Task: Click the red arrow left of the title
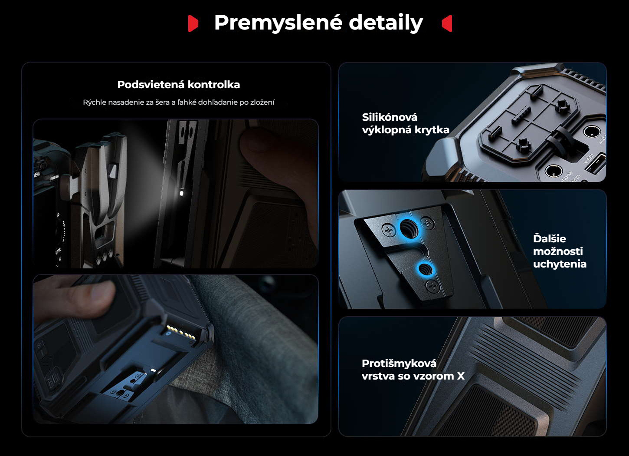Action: [x=193, y=23]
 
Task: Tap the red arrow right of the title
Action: [x=447, y=23]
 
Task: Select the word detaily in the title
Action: [x=386, y=23]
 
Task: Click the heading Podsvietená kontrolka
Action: [x=179, y=85]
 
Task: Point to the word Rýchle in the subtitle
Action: [x=95, y=102]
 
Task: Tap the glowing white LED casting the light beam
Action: [x=181, y=193]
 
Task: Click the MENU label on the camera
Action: [x=36, y=175]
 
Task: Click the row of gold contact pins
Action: [x=181, y=333]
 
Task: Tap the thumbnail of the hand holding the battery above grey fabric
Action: [x=176, y=349]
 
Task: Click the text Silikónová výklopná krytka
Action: [x=406, y=123]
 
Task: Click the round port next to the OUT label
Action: [x=592, y=132]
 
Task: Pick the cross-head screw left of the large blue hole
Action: [x=389, y=231]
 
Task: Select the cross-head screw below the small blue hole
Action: [x=433, y=287]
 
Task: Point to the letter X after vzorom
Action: [x=461, y=376]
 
